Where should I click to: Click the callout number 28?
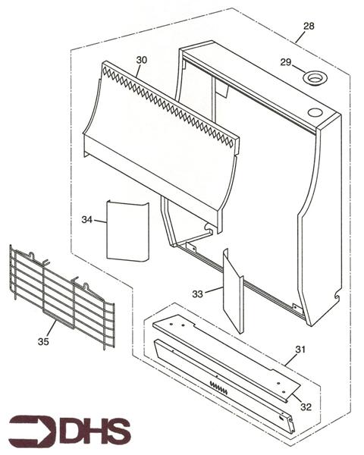308,26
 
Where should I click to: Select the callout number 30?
142,59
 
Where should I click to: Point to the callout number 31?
300,349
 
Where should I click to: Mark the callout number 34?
87,219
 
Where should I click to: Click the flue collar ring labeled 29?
313,78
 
